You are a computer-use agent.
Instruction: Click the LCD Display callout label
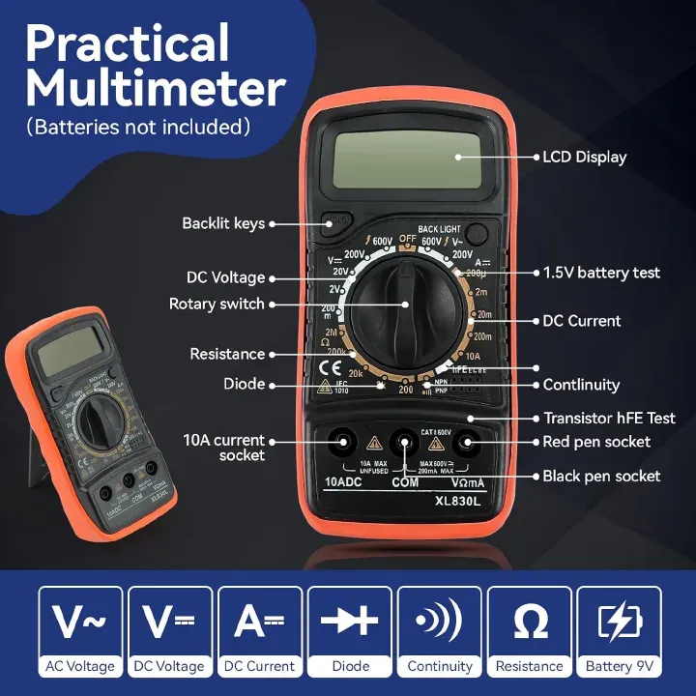(584, 158)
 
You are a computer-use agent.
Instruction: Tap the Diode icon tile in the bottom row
(350, 632)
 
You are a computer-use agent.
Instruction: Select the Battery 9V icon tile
(619, 632)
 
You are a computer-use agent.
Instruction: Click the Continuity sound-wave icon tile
(440, 632)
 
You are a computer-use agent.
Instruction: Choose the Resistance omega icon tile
(530, 632)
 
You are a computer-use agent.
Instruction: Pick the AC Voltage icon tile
(80, 632)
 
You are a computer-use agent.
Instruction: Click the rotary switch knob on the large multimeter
(404, 304)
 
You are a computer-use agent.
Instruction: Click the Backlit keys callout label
(223, 223)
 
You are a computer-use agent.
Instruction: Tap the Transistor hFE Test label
(608, 419)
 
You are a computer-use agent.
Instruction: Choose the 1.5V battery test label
(601, 273)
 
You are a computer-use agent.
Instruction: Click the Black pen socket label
(601, 476)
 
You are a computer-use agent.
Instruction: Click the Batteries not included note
(138, 127)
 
